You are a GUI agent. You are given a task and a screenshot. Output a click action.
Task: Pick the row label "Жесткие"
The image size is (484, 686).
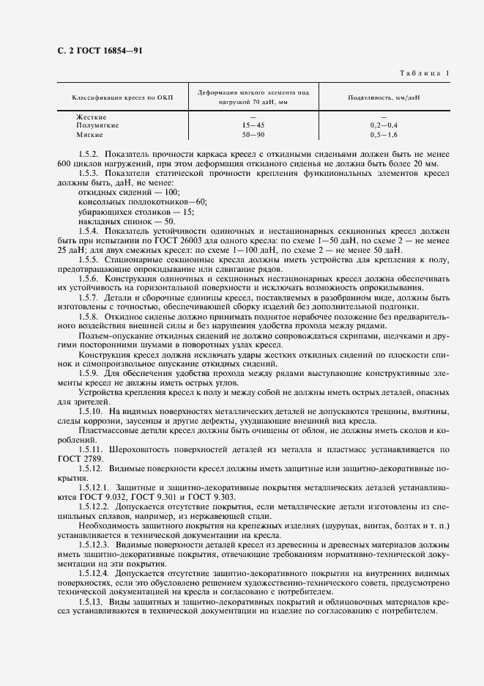(92, 117)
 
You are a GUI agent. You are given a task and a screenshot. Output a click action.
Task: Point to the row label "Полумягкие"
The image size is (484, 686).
(96, 126)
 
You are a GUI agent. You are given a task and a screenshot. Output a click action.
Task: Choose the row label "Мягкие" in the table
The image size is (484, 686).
(90, 135)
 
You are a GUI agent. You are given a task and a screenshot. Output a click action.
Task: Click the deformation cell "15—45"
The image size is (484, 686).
(253, 126)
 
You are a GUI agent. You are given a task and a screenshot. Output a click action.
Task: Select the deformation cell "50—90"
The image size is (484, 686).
(253, 135)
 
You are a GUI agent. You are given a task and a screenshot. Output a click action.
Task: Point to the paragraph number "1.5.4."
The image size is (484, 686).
(89, 230)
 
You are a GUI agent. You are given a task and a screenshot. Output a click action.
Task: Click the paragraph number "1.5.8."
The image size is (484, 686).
(89, 306)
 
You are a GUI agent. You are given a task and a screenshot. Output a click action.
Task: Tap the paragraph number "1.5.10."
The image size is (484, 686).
(92, 412)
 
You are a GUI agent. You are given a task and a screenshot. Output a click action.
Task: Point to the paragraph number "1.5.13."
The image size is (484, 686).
(92, 602)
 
